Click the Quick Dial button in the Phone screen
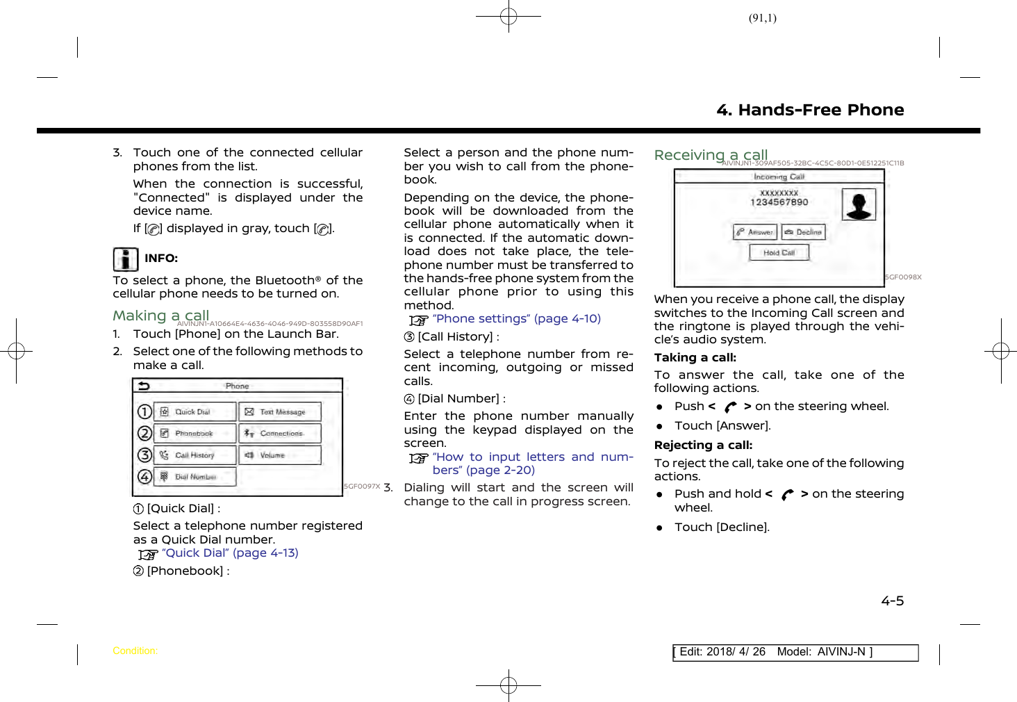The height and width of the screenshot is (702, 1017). click(x=195, y=412)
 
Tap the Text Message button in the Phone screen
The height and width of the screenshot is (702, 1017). click(x=280, y=412)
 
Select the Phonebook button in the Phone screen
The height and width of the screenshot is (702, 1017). click(x=195, y=434)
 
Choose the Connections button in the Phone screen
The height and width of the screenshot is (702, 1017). click(x=280, y=434)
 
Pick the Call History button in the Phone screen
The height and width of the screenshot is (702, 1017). click(x=195, y=455)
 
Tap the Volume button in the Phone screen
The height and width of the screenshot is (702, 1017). click(x=280, y=455)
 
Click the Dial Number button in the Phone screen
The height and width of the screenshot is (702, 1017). click(x=195, y=477)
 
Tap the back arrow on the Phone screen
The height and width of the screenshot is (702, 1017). click(x=144, y=386)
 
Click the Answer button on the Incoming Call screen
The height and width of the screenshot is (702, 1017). click(x=754, y=232)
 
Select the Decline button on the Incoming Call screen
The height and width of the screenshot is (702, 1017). click(x=804, y=232)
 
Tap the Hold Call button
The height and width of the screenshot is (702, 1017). click(x=779, y=253)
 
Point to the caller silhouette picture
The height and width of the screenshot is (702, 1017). click(x=859, y=205)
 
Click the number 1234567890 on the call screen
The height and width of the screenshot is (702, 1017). click(x=779, y=202)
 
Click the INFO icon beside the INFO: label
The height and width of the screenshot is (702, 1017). click(x=126, y=259)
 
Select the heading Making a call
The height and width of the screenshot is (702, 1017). click(x=160, y=316)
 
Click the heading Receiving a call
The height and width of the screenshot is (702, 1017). click(x=711, y=155)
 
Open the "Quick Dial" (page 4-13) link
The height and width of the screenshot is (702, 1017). click(x=230, y=553)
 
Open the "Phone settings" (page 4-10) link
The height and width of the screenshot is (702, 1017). click(x=516, y=319)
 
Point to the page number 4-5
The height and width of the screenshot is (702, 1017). click(x=893, y=601)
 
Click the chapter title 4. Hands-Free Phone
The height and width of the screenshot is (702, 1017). click(x=810, y=111)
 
